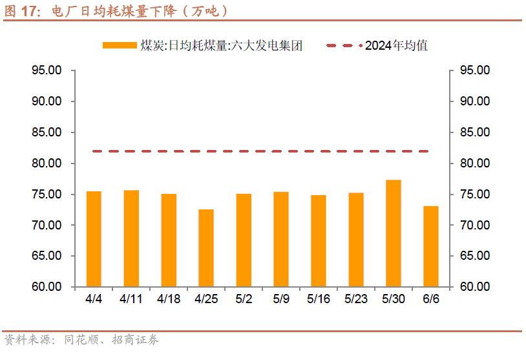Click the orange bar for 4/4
pyautogui.click(x=94, y=239)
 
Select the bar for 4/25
pyautogui.click(x=206, y=248)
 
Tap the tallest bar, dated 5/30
pyautogui.click(x=393, y=233)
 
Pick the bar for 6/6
pyautogui.click(x=430, y=246)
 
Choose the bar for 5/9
pyautogui.click(x=281, y=239)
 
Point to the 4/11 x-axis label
pyautogui.click(x=131, y=299)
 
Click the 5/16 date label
pyautogui.click(x=318, y=299)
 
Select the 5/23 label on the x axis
pyautogui.click(x=355, y=299)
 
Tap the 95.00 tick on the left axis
pyautogui.click(x=47, y=70)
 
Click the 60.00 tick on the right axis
pyautogui.click(x=475, y=287)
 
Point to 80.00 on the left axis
pyautogui.click(x=47, y=164)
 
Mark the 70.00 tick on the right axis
pyautogui.click(x=475, y=226)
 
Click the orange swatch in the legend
pyautogui.click(x=120, y=45)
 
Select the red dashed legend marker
pyautogui.click(x=344, y=45)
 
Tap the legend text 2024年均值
pyautogui.click(x=396, y=45)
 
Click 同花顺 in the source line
pyautogui.click(x=81, y=340)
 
